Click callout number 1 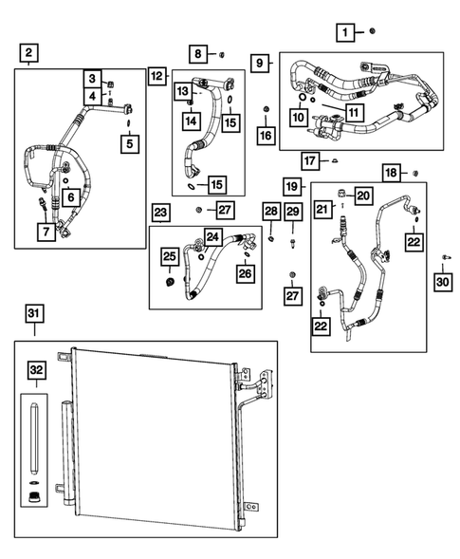click(x=347, y=32)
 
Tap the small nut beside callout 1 click(x=373, y=31)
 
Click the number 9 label click(x=259, y=62)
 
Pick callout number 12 click(x=157, y=75)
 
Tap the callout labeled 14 click(x=192, y=120)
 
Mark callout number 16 click(x=265, y=136)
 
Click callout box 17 click(x=309, y=158)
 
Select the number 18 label click(x=391, y=172)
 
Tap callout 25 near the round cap click(x=169, y=256)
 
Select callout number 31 click(x=35, y=314)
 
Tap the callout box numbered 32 click(x=35, y=369)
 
